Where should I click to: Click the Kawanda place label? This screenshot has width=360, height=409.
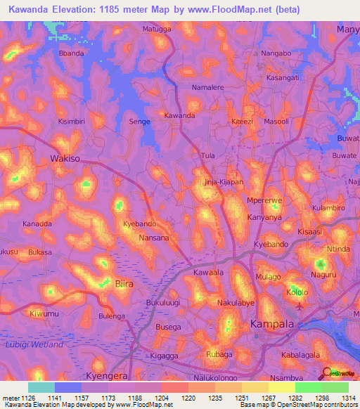(x=179, y=115)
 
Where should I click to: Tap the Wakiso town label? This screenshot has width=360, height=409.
(x=65, y=159)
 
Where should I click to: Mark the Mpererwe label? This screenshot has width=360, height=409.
(x=264, y=201)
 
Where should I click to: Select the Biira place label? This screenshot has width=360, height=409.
(x=123, y=284)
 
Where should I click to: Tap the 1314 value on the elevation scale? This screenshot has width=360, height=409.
(x=349, y=398)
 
